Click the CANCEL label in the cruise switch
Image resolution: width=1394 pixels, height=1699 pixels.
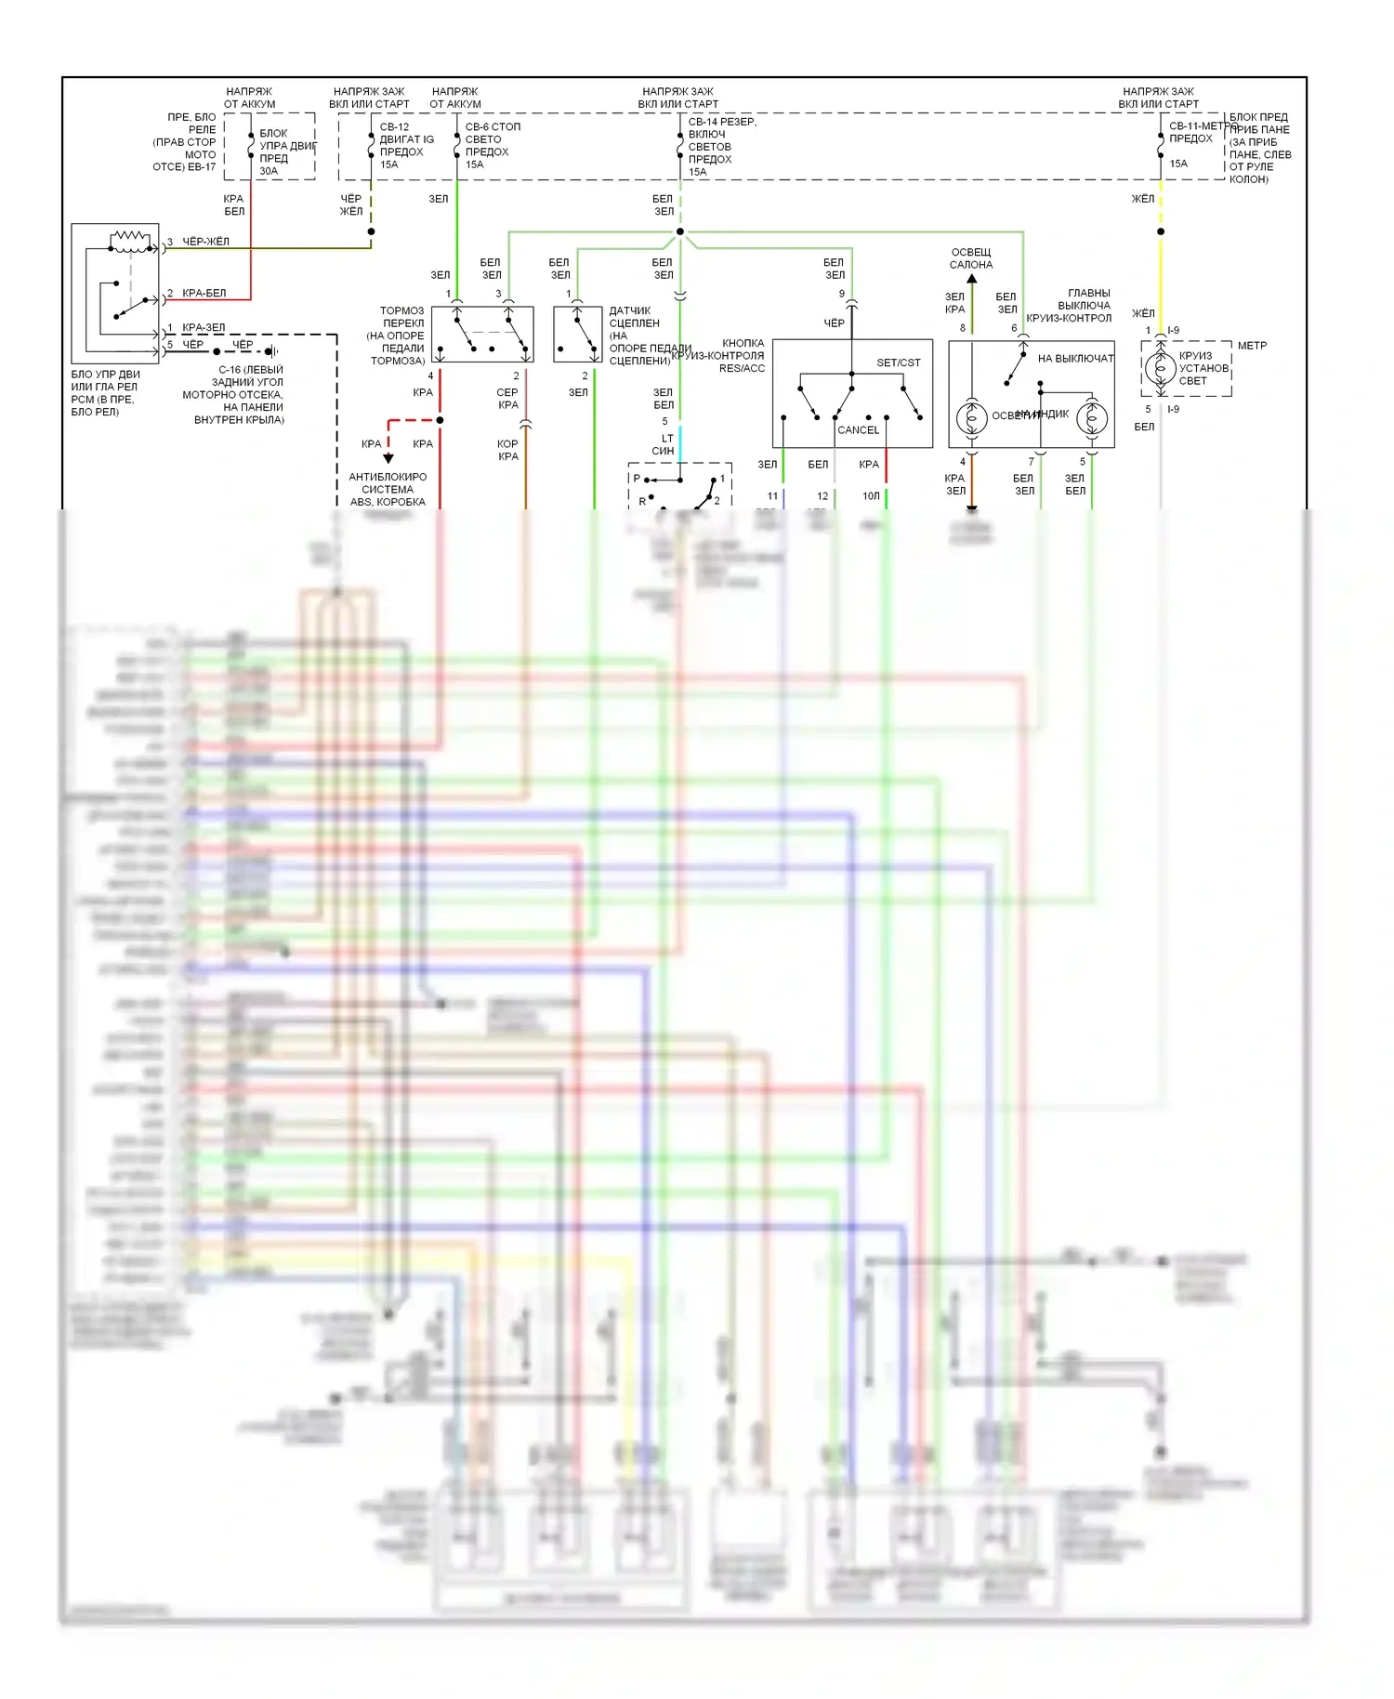tap(858, 429)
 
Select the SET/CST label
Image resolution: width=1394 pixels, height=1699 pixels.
tap(898, 362)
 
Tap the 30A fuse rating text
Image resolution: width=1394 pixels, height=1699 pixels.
tap(269, 171)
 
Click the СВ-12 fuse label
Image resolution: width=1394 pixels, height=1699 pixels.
tap(394, 126)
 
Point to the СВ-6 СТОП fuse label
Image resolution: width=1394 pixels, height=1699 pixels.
tap(493, 126)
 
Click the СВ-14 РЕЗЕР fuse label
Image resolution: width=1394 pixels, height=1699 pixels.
tap(722, 122)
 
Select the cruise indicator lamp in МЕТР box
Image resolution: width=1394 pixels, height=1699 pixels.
tap(1160, 369)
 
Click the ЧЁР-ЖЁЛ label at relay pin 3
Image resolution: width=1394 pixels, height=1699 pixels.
tap(205, 242)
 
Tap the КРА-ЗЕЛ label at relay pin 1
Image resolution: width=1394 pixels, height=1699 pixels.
tap(204, 327)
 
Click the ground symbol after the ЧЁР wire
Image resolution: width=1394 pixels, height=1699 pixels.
tap(271, 351)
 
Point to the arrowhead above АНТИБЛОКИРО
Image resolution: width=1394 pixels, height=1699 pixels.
tap(388, 458)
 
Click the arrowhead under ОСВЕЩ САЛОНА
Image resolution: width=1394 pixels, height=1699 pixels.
tap(972, 278)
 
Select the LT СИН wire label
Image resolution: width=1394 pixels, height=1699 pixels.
tap(664, 444)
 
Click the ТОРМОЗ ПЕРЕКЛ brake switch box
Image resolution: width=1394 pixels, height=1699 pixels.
tap(482, 335)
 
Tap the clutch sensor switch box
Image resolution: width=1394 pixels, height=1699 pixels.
tap(577, 335)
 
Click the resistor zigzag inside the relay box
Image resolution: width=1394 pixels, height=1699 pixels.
tap(130, 241)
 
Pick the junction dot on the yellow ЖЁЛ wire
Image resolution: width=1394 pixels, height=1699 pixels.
tap(1160, 231)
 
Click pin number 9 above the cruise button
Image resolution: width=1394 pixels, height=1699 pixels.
tap(842, 294)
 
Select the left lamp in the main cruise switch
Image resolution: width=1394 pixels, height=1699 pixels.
tap(972, 419)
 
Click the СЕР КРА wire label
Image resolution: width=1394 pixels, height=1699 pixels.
tap(507, 399)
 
